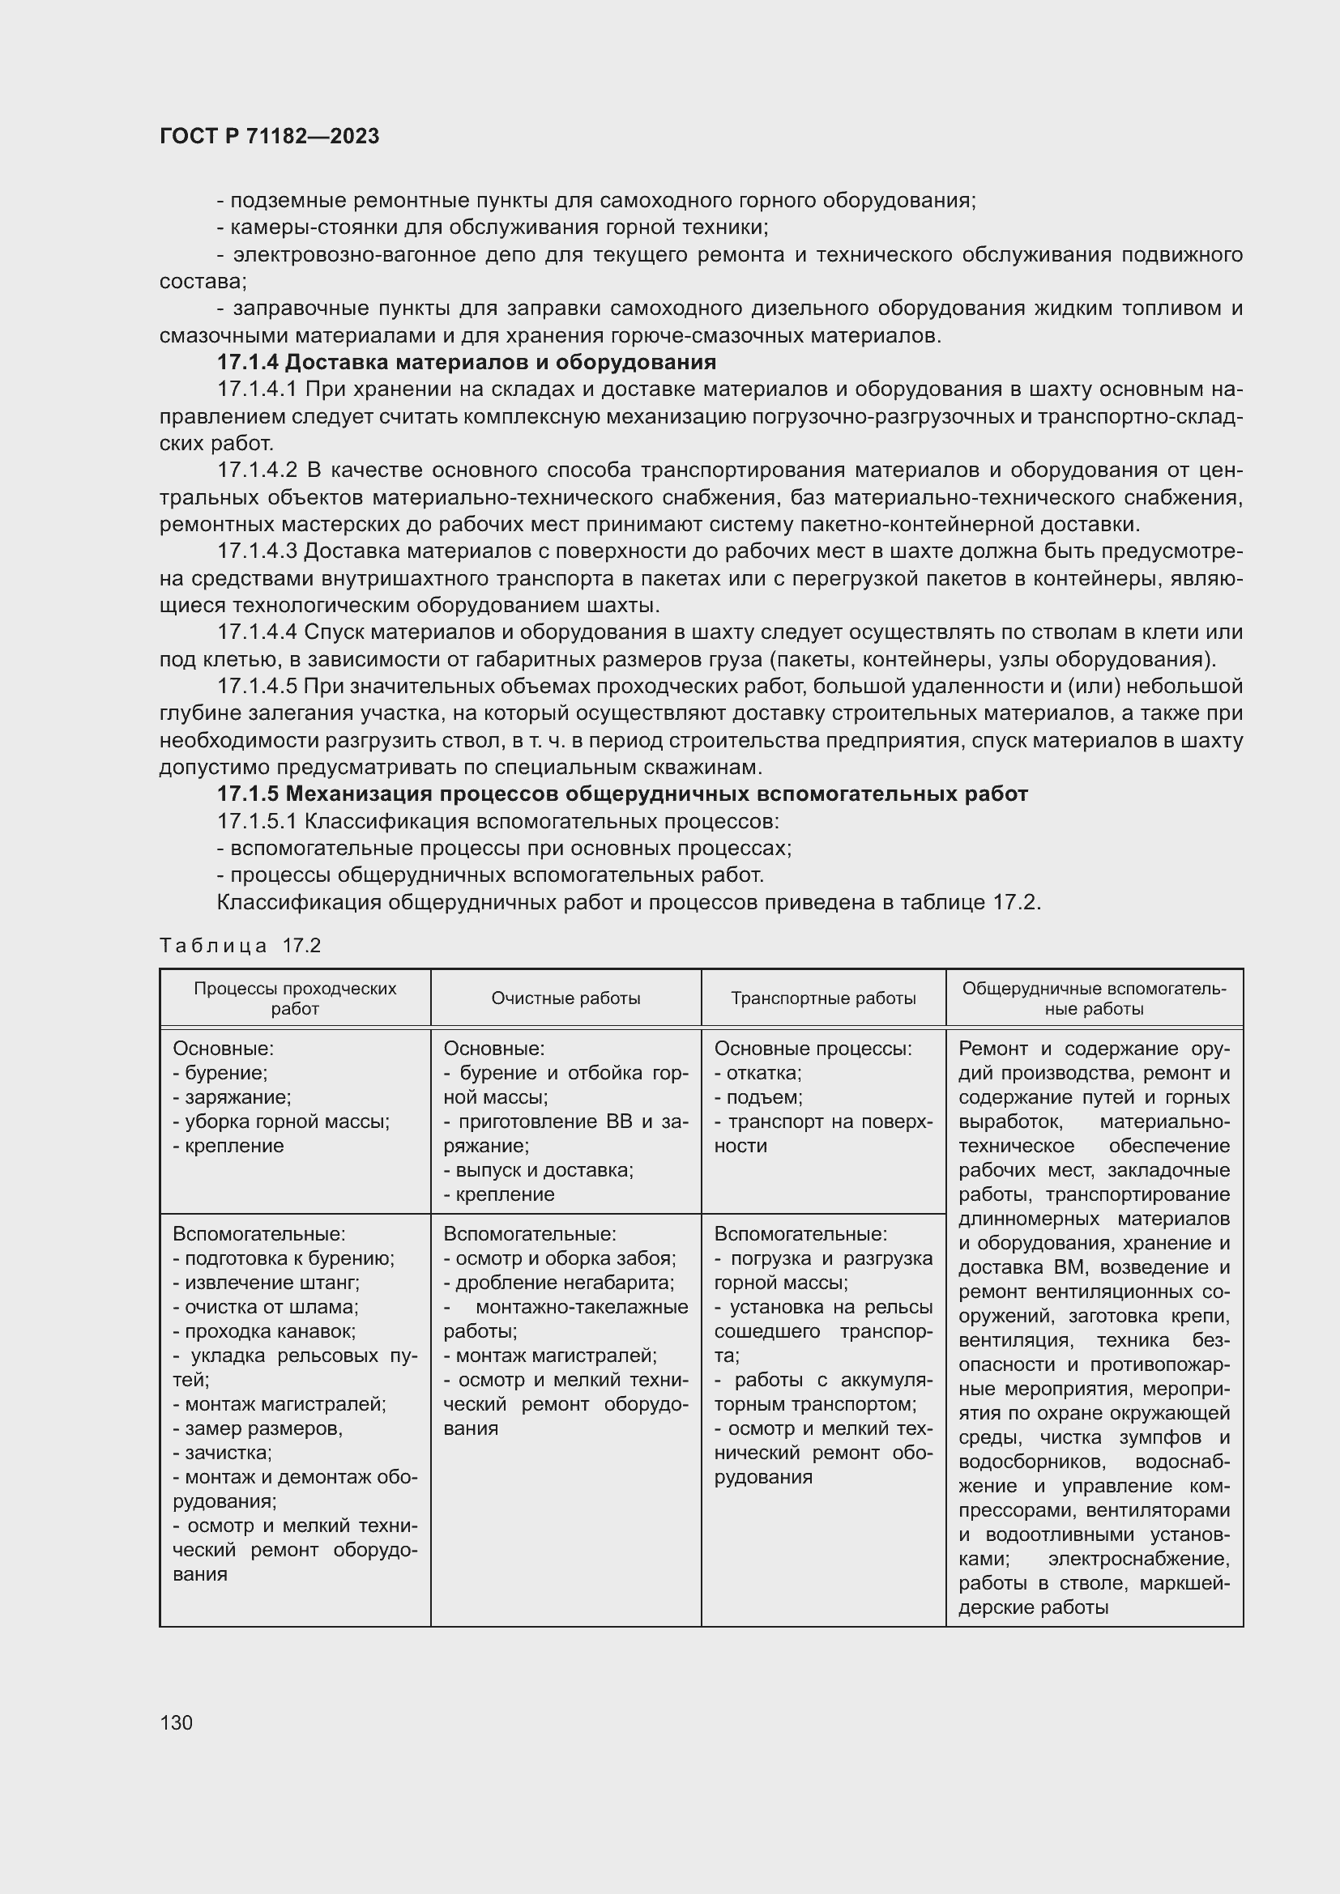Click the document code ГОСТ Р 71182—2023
tap(269, 136)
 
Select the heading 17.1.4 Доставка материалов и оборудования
tap(466, 362)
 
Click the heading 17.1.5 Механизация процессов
tap(622, 794)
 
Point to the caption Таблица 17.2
tap(240, 945)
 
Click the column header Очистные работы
tap(565, 998)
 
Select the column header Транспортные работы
tap(822, 998)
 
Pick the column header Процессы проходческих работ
tap(295, 998)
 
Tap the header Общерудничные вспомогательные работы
tap(1093, 998)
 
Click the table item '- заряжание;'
tap(232, 1097)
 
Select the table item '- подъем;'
tap(758, 1097)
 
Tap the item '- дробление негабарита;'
tap(559, 1283)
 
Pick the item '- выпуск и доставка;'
tap(538, 1170)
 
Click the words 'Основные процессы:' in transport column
tap(812, 1049)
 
